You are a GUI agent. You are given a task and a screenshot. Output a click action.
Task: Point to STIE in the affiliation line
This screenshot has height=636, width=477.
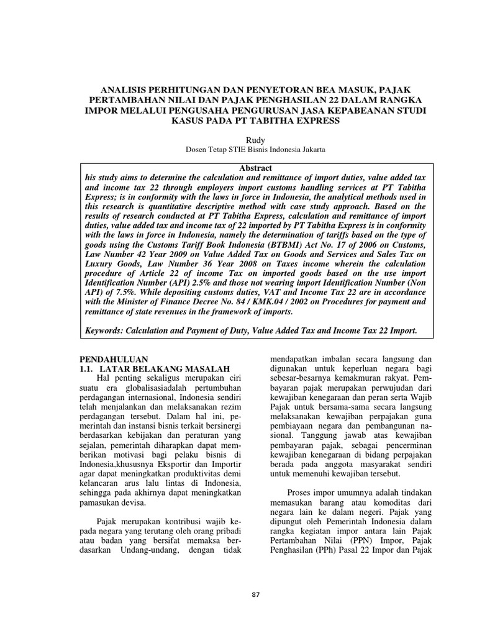222,151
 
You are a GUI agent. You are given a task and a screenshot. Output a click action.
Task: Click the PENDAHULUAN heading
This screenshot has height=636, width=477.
116,359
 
